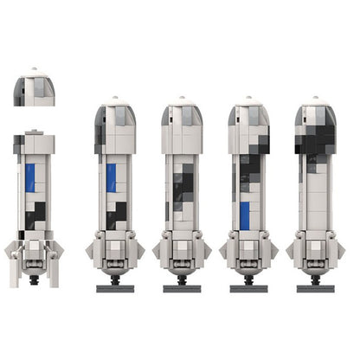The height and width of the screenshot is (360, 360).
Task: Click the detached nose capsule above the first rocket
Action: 35,88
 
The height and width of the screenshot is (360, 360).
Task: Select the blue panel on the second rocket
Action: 111,177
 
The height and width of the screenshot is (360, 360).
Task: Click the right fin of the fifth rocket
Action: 336,252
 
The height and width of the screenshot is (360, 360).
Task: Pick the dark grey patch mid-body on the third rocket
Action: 183,186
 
